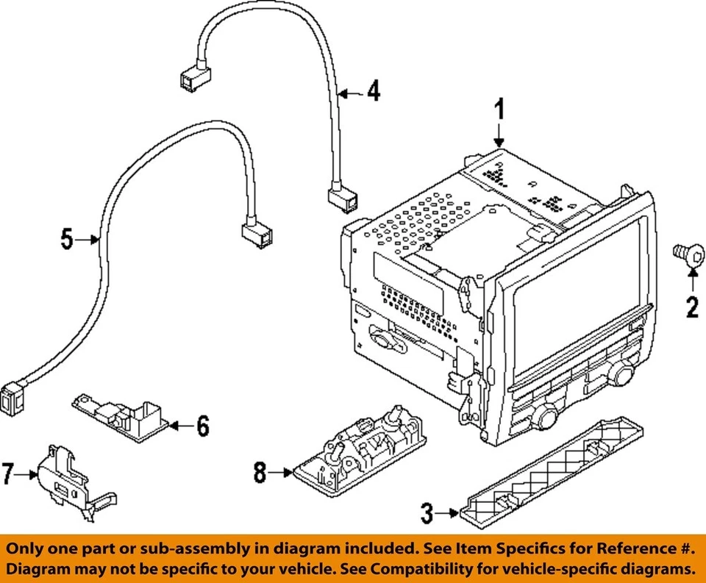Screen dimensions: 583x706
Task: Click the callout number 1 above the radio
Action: click(x=499, y=112)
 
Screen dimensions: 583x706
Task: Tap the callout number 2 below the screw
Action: click(x=691, y=306)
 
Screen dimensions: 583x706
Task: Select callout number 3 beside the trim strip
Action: click(x=427, y=513)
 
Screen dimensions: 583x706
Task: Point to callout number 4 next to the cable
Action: click(x=374, y=92)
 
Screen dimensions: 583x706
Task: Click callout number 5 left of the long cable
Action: click(x=67, y=239)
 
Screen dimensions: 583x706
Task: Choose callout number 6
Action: click(x=202, y=425)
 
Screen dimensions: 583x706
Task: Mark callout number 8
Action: click(x=260, y=473)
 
